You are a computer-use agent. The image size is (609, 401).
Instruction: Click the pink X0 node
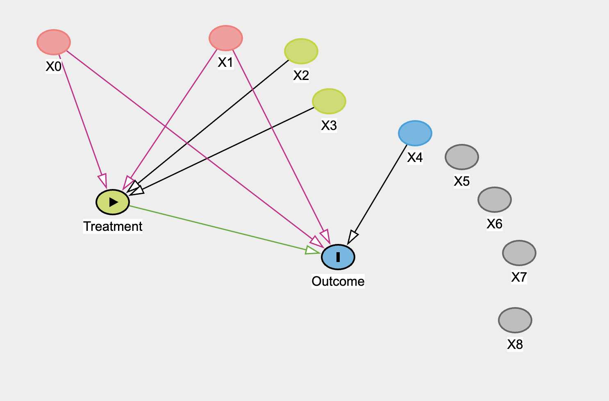click(x=54, y=42)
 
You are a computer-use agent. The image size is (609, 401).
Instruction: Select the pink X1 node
click(x=226, y=38)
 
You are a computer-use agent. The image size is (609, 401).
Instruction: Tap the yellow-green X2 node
click(x=301, y=51)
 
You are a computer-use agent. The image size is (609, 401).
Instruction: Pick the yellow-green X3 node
click(x=329, y=101)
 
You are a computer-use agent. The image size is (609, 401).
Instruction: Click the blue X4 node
click(x=415, y=133)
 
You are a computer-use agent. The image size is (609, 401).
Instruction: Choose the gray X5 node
click(x=462, y=157)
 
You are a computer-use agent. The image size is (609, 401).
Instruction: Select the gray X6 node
click(x=495, y=200)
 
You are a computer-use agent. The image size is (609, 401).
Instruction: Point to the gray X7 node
click(x=519, y=253)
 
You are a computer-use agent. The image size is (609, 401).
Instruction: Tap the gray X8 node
click(x=515, y=320)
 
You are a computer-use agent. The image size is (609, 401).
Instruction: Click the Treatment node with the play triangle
click(x=113, y=202)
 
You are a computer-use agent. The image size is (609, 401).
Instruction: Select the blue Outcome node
click(x=338, y=257)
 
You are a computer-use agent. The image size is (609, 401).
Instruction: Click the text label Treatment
click(x=113, y=226)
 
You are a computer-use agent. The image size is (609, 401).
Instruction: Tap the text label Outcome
click(x=338, y=281)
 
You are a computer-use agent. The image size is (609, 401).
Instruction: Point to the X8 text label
click(x=515, y=344)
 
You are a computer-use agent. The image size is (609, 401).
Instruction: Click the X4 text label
click(x=415, y=157)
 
